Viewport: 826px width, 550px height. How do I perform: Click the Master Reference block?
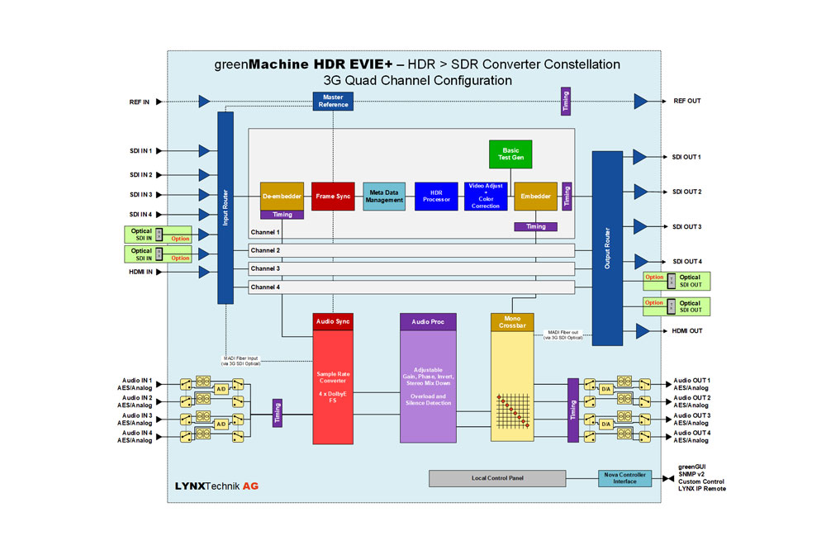tap(333, 101)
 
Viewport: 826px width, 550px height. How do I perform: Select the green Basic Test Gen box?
tap(511, 155)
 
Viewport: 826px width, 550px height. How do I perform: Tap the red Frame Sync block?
tap(332, 197)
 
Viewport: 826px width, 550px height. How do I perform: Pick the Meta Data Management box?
tap(384, 197)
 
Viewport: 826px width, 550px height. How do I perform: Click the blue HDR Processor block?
tap(435, 197)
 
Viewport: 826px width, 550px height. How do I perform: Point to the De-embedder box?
tap(282, 197)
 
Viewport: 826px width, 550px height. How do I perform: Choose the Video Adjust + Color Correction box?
tap(486, 197)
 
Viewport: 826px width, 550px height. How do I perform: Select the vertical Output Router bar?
tap(607, 248)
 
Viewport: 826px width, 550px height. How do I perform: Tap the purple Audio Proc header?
tap(428, 320)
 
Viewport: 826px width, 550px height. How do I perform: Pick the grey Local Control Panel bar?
tap(497, 478)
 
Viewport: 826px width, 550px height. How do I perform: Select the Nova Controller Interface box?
tap(624, 478)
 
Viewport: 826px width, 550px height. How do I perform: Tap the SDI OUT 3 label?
tap(687, 226)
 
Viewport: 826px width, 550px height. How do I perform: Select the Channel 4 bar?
tap(411, 287)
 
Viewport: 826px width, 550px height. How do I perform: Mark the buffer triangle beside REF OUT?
tap(641, 102)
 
